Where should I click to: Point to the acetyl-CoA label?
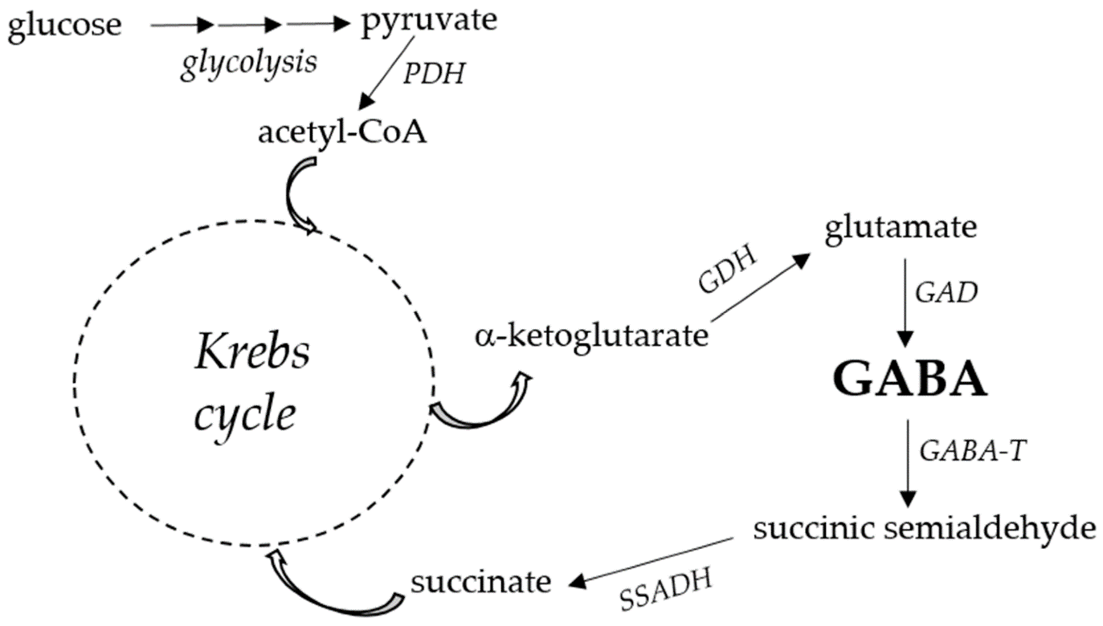coord(342,133)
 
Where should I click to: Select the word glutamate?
coord(901,228)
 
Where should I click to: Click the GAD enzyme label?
coord(946,293)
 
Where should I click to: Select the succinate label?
coord(480,581)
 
